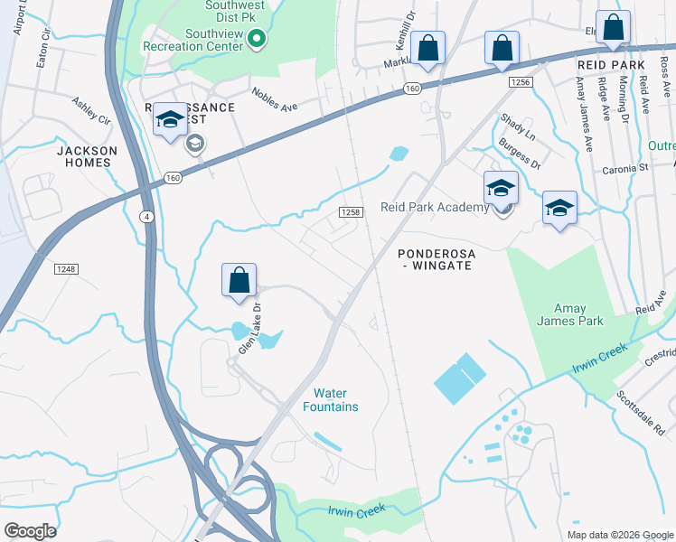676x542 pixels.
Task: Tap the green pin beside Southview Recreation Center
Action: [x=257, y=38]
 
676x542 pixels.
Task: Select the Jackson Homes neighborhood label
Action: [x=87, y=156]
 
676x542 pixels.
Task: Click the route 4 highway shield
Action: [x=146, y=216]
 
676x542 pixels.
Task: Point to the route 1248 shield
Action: [x=66, y=269]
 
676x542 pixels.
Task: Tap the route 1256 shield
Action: [x=521, y=82]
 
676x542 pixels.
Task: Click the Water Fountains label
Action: [x=335, y=400]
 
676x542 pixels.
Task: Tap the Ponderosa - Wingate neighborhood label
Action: [x=436, y=260]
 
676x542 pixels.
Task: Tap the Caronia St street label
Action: [x=625, y=168]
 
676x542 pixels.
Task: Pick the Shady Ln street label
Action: [x=518, y=130]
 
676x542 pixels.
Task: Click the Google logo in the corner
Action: [x=30, y=530]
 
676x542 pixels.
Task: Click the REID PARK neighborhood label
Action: [x=611, y=65]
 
